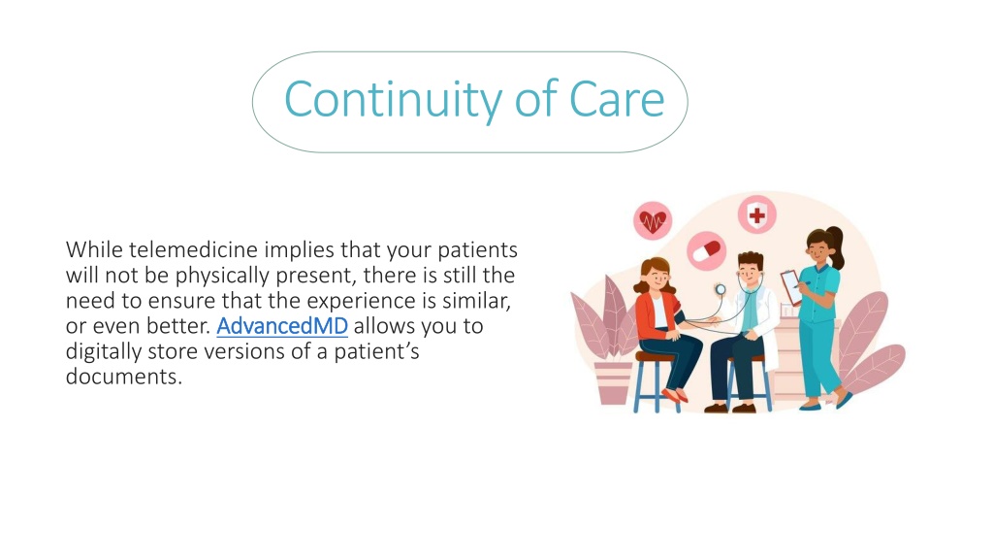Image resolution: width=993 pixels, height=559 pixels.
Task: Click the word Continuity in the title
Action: [394, 100]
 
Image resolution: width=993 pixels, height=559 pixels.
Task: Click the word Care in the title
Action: [617, 100]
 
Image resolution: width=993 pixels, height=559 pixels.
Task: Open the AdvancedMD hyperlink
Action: [282, 326]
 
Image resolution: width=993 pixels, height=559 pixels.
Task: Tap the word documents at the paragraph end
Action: [123, 377]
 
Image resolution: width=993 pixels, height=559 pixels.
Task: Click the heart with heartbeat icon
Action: [653, 220]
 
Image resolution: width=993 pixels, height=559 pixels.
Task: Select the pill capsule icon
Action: [707, 250]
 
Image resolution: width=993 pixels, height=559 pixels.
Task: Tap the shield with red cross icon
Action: [756, 214]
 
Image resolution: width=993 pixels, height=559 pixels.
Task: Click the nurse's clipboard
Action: [791, 286]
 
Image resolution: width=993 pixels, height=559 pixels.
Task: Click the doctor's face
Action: [751, 273]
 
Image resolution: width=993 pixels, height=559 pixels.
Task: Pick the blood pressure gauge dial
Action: [721, 289]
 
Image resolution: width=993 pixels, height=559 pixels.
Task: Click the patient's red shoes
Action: [675, 396]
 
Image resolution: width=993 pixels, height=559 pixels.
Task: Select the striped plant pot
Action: [613, 382]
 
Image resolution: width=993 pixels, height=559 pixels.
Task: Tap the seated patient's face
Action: [657, 278]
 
